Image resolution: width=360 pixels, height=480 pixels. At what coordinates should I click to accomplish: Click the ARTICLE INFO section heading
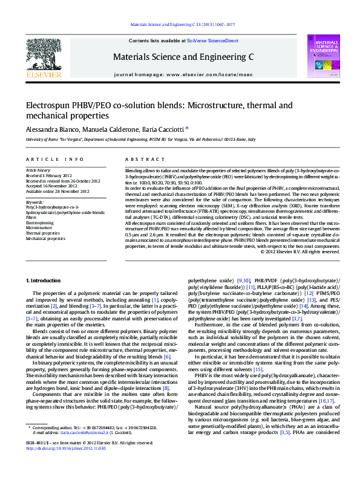(54, 160)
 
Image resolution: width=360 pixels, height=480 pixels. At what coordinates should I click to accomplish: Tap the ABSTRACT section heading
(140, 160)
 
